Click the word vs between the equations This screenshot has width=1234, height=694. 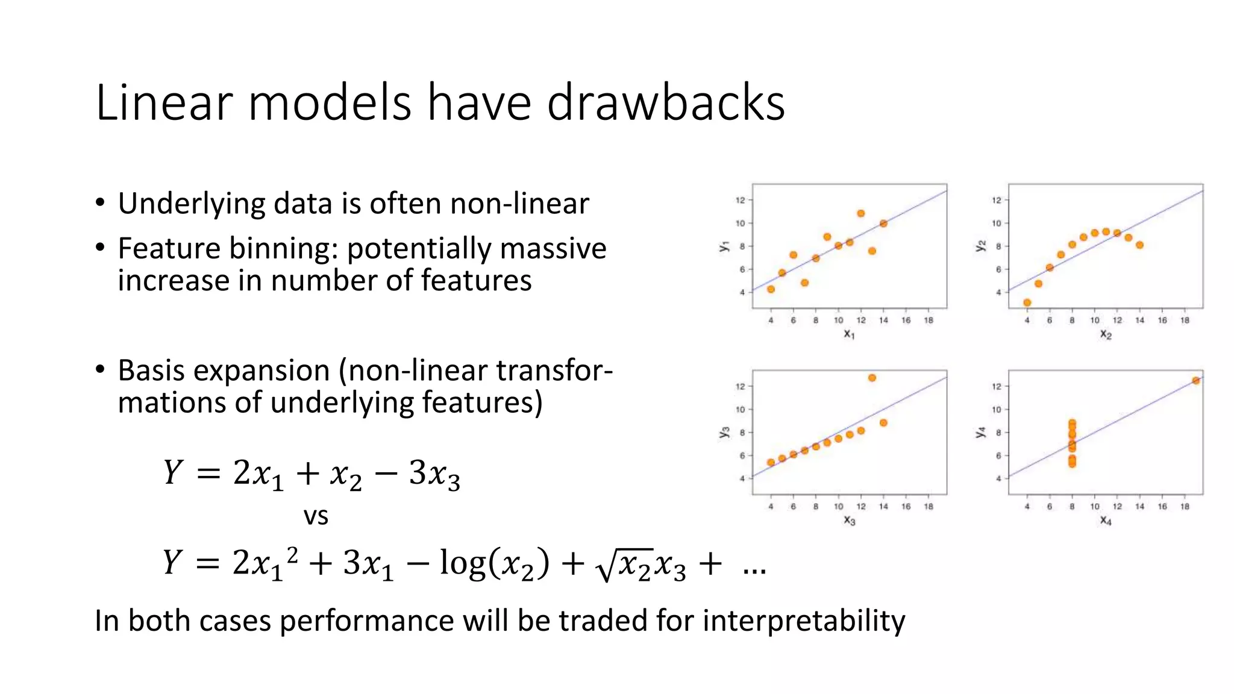point(316,516)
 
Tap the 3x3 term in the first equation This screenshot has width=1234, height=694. point(434,475)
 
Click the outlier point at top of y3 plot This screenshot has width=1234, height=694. point(872,378)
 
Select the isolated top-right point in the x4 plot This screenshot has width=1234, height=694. point(1195,380)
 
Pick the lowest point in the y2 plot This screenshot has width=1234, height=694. point(1027,302)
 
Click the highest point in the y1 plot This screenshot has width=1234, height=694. point(860,213)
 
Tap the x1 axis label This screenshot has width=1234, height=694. point(849,334)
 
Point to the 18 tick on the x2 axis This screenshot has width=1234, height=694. point(1185,320)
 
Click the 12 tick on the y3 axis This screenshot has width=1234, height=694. point(741,386)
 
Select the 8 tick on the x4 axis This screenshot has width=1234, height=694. point(1072,507)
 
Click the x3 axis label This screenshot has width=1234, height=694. point(849,520)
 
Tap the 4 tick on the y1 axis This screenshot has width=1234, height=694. point(742,292)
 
